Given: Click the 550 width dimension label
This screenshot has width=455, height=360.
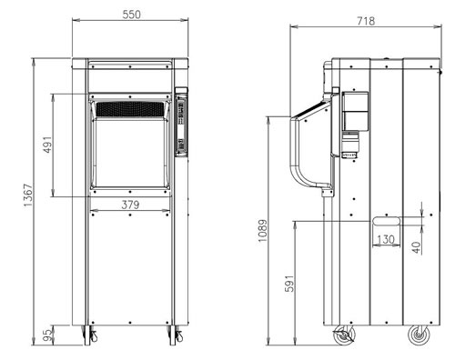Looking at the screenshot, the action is tap(132, 15).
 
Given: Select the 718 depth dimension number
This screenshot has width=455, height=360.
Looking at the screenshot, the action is tap(366, 21).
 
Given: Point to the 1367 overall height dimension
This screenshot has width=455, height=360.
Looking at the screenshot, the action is tap(28, 195).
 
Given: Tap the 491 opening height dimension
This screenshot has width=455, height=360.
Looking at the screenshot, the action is tap(48, 145).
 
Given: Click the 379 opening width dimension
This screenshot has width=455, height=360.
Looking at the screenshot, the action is tap(130, 205).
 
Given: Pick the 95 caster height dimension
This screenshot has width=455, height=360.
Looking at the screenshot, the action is tap(47, 335).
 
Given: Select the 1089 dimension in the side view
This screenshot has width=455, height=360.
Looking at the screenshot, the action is tap(263, 231).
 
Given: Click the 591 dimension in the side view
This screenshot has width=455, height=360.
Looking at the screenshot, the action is tap(289, 284).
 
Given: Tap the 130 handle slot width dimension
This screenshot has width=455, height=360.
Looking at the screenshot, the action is tap(386, 239).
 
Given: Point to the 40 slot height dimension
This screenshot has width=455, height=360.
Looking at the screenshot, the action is tap(417, 247).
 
